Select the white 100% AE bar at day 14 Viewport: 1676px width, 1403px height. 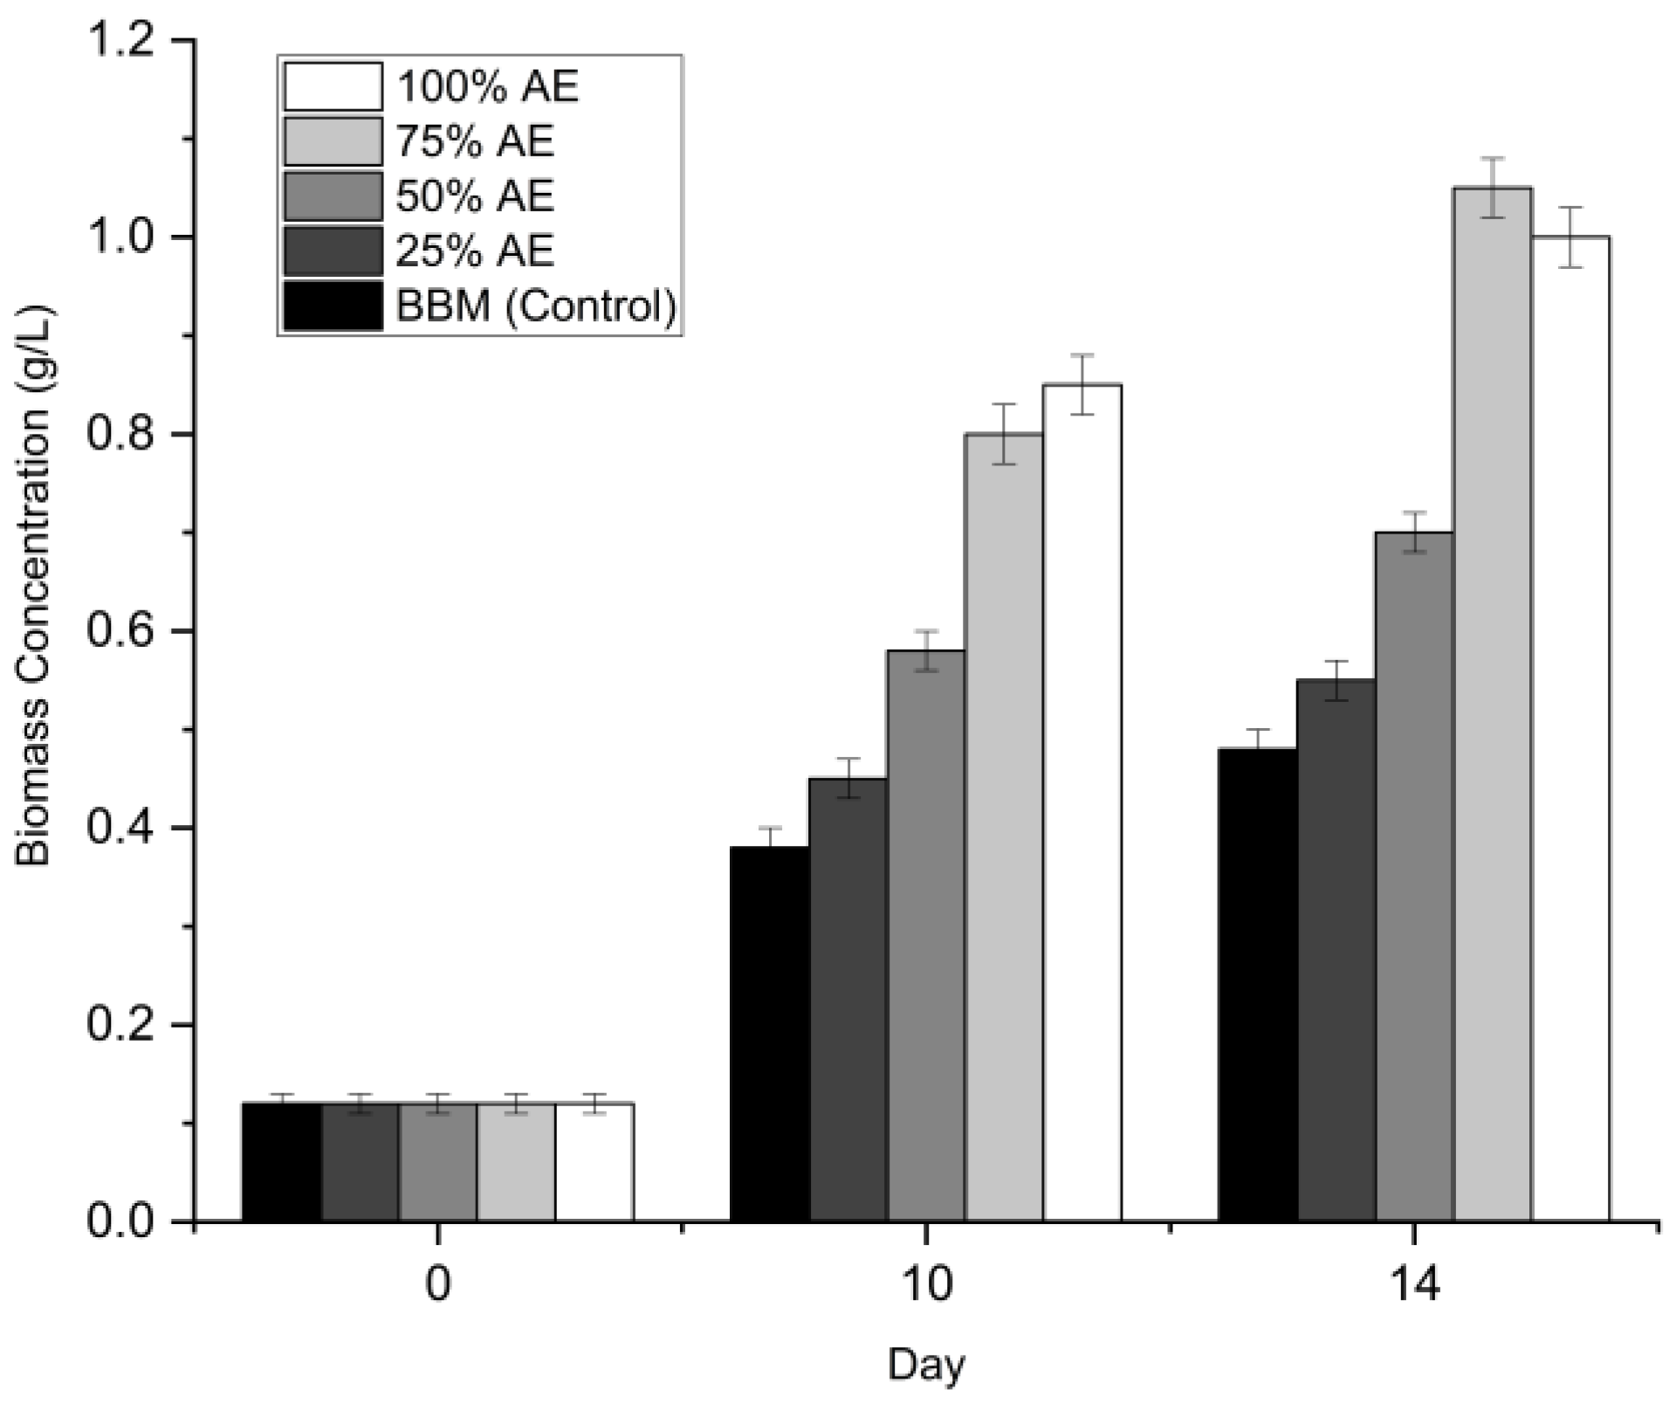pyautogui.click(x=1570, y=728)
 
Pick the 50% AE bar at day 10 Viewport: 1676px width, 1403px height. pyautogui.click(x=925, y=935)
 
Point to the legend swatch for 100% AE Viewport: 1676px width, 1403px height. pyautogui.click(x=333, y=86)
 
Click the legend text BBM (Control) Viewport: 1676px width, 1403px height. pyautogui.click(x=536, y=306)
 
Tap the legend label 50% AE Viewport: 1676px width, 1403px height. pyautogui.click(x=475, y=196)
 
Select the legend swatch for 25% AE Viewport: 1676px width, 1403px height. pyautogui.click(x=333, y=251)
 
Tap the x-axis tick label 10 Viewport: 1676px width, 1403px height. pyautogui.click(x=925, y=1287)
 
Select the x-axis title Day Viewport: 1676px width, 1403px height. pyautogui.click(x=925, y=1364)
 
